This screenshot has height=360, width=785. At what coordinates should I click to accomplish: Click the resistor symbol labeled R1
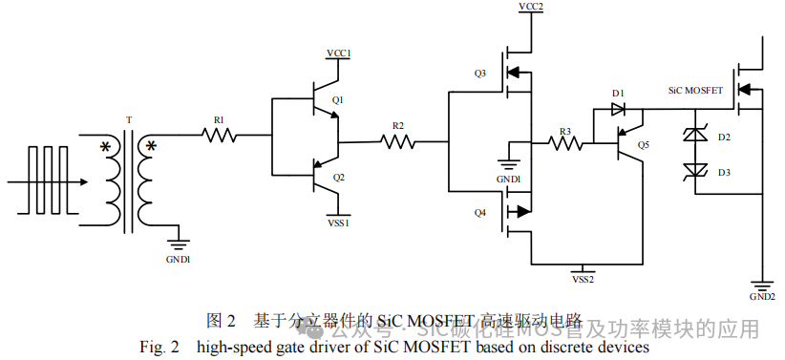click(x=220, y=136)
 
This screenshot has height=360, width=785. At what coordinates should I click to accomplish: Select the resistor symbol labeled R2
click(x=398, y=142)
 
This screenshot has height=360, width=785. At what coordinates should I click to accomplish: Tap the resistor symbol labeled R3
click(x=565, y=143)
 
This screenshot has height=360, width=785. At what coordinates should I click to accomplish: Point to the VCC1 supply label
click(x=339, y=53)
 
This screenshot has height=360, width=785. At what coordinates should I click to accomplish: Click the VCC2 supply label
click(x=531, y=8)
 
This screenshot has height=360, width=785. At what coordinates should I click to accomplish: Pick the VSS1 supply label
click(x=339, y=222)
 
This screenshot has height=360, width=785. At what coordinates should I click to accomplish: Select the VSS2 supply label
click(x=583, y=279)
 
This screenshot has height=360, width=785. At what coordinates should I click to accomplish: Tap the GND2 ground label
click(x=762, y=296)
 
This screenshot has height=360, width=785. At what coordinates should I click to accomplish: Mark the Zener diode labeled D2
click(x=695, y=138)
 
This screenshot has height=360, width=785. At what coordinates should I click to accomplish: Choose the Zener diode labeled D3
click(x=695, y=171)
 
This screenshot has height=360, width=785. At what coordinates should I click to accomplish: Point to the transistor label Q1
click(x=338, y=99)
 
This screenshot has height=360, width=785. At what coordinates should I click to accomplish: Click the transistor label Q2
click(x=339, y=178)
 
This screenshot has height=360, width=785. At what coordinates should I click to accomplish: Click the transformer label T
click(x=129, y=120)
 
